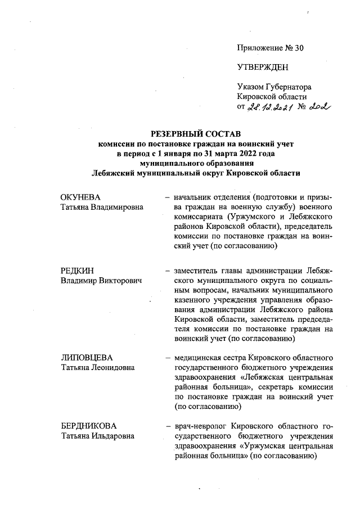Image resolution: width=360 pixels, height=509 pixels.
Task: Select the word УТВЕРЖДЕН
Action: pyautogui.click(x=263, y=67)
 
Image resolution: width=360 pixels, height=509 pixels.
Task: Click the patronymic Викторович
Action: pyautogui.click(x=119, y=281)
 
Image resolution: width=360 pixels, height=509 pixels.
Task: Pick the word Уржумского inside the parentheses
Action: pyautogui.click(x=252, y=218)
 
